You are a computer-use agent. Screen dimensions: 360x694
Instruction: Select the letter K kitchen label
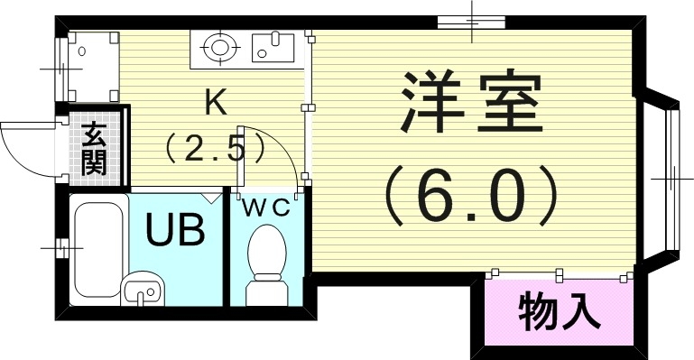click(x=215, y=102)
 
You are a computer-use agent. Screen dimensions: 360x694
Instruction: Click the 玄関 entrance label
click(x=93, y=150)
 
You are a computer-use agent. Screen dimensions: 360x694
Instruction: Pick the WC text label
click(x=264, y=208)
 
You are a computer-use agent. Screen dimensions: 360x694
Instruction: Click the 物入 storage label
click(x=560, y=312)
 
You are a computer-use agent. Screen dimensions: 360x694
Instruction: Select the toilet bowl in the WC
click(x=267, y=248)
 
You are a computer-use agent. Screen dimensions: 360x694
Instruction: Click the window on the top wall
click(x=471, y=21)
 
